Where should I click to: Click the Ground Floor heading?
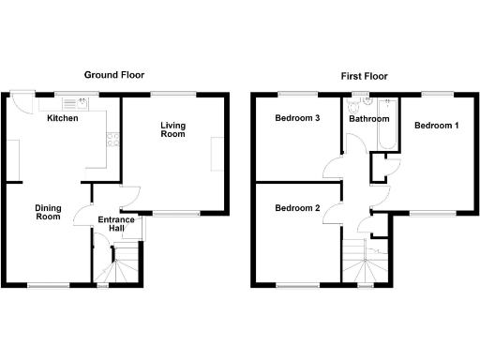point(114,75)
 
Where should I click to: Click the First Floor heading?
point(366,75)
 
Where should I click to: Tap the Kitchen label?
point(62,119)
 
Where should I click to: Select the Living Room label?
point(172,129)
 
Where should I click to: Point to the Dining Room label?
point(48,212)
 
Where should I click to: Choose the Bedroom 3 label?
point(297,119)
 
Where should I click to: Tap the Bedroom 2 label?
point(297,208)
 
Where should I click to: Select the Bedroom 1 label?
point(437,126)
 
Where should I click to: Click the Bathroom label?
point(368,119)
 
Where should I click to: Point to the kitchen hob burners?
point(112,141)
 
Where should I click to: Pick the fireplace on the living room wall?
point(217,154)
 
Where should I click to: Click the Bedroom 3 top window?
point(297,93)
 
